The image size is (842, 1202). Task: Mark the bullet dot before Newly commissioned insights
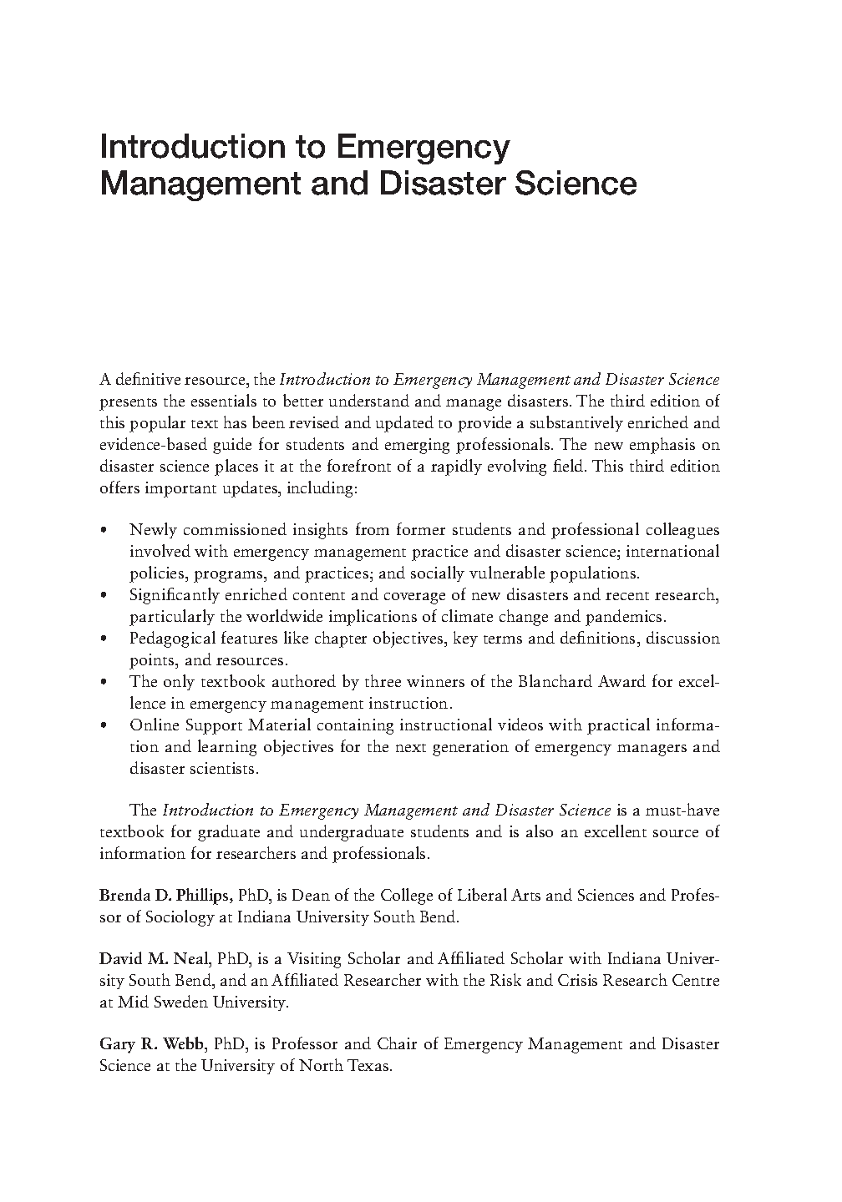click(x=103, y=531)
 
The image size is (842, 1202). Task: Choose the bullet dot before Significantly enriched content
click(x=103, y=596)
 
